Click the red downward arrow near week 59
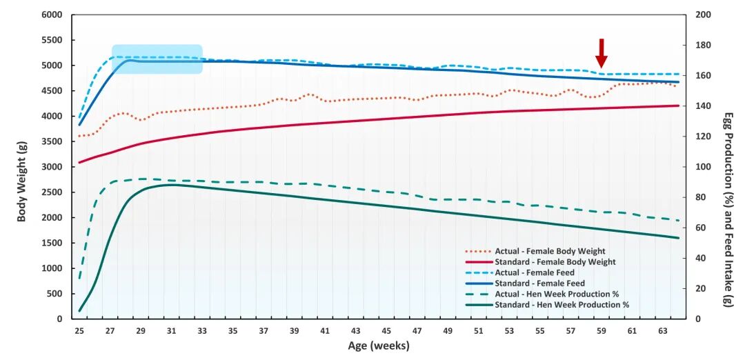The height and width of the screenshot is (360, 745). [601, 53]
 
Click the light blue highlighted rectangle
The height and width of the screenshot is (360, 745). [157, 59]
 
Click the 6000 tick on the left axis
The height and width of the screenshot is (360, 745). [52, 14]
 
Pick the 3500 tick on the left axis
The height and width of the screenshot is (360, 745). [52, 141]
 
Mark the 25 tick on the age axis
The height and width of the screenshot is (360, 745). [79, 331]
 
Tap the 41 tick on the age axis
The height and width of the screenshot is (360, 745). [325, 331]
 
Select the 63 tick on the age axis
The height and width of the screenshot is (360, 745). [662, 331]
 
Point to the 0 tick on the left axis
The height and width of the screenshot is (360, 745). [60, 319]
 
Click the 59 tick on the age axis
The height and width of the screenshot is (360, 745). [601, 331]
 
